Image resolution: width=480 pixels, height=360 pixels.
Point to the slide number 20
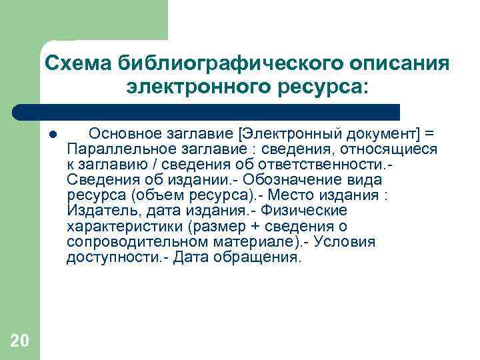coord(20,341)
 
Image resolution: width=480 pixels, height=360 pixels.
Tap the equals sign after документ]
coord(428,133)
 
